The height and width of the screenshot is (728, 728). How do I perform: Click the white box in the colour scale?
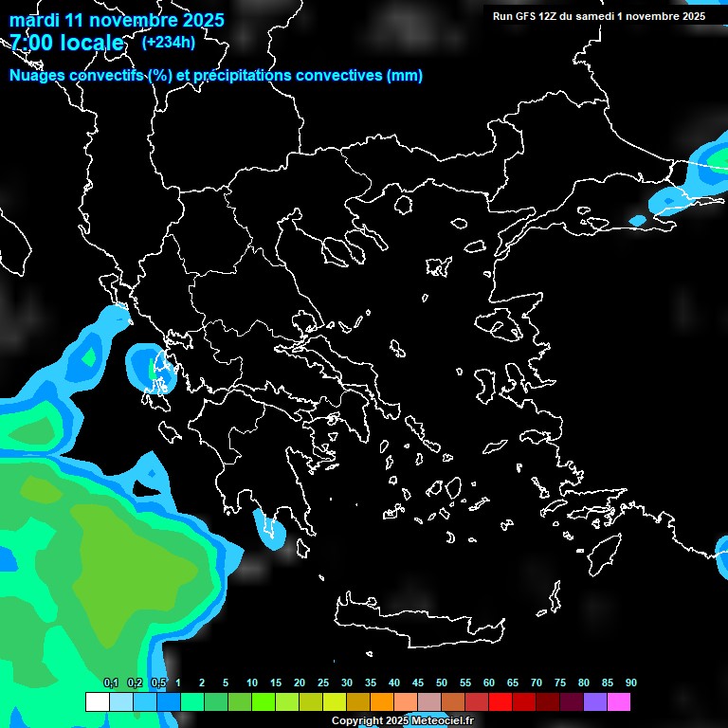click(x=97, y=701)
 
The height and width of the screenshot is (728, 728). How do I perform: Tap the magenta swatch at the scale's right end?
click(x=619, y=701)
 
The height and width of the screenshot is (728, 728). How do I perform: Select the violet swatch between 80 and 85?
click(x=595, y=701)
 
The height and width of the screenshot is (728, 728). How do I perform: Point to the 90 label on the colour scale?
click(x=630, y=683)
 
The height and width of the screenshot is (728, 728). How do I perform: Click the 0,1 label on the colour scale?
click(x=111, y=683)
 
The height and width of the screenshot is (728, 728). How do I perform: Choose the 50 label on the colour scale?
click(x=442, y=683)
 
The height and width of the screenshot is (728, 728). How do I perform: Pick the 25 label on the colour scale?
click(x=323, y=683)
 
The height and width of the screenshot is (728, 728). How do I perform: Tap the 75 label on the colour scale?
click(x=560, y=683)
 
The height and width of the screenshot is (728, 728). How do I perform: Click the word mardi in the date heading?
click(x=34, y=20)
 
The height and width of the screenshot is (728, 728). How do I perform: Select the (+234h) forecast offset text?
click(x=168, y=43)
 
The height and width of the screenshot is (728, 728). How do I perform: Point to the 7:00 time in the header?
click(x=31, y=44)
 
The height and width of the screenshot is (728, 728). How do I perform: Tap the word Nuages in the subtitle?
click(x=38, y=76)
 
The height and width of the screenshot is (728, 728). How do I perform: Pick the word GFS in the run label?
click(x=526, y=16)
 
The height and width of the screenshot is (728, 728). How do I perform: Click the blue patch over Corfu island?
click(x=149, y=367)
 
